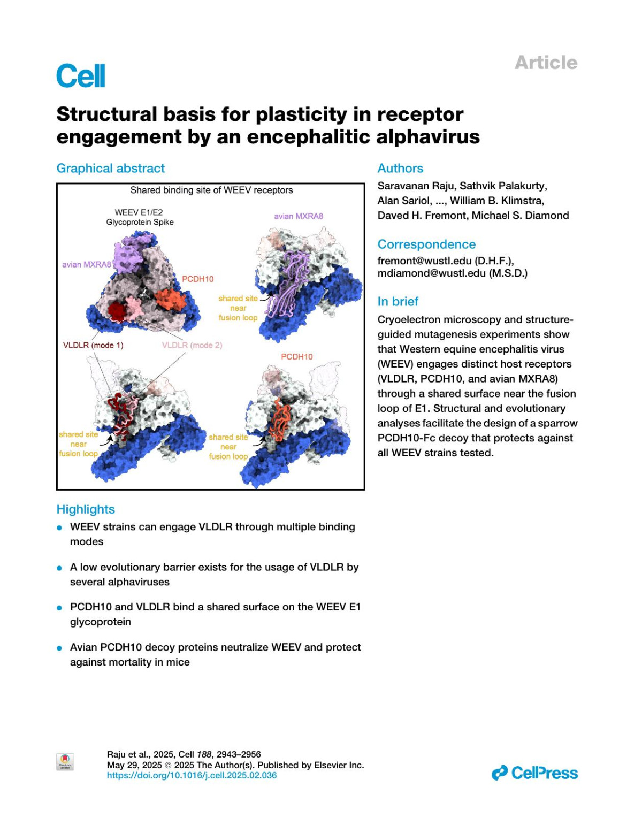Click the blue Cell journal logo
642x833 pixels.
(x=81, y=76)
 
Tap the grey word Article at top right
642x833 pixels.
(x=546, y=63)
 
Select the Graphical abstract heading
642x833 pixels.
(x=111, y=169)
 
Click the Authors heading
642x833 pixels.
(x=400, y=169)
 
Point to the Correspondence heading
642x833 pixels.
(x=426, y=244)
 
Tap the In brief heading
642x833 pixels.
(x=398, y=302)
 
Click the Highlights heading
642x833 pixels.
(x=86, y=509)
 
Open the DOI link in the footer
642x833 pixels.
(x=192, y=775)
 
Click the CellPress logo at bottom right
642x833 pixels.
(x=534, y=773)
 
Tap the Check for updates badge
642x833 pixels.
(x=65, y=762)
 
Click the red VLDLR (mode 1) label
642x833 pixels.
(x=93, y=345)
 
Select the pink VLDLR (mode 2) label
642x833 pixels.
(x=192, y=345)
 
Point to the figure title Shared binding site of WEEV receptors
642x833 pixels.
(x=211, y=190)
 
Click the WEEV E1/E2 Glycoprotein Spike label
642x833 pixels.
(x=140, y=217)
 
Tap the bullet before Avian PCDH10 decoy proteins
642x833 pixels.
(x=60, y=648)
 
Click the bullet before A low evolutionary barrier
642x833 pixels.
(x=60, y=568)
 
